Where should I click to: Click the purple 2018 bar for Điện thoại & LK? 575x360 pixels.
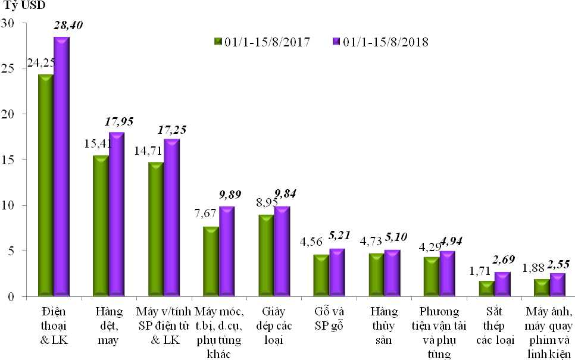[x=61, y=167]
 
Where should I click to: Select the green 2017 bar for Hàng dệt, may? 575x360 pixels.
[x=100, y=226]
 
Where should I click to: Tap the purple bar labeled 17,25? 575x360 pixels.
[x=172, y=218]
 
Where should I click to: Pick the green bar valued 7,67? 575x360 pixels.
[x=211, y=262]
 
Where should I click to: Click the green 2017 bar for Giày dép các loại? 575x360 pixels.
[x=265, y=256]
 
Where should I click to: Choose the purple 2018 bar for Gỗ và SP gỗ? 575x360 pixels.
[x=337, y=273]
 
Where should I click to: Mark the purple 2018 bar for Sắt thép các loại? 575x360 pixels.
[x=502, y=284]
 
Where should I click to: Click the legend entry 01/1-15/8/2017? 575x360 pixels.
[x=262, y=42]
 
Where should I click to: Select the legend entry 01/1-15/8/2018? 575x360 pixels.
[x=380, y=42]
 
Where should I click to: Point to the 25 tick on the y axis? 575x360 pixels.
[x=12, y=68]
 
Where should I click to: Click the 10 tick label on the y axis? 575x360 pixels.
[x=12, y=205]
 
